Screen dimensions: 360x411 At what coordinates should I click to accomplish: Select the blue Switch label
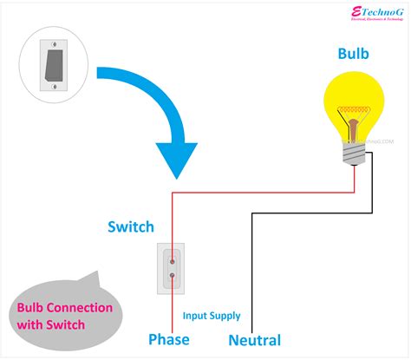[131, 227]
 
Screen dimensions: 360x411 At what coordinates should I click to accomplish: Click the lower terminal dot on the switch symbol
[172, 276]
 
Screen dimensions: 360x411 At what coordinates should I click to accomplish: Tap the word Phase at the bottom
[169, 339]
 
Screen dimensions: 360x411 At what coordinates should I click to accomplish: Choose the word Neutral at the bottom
[254, 340]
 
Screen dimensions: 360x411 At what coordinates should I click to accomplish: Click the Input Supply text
[212, 316]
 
